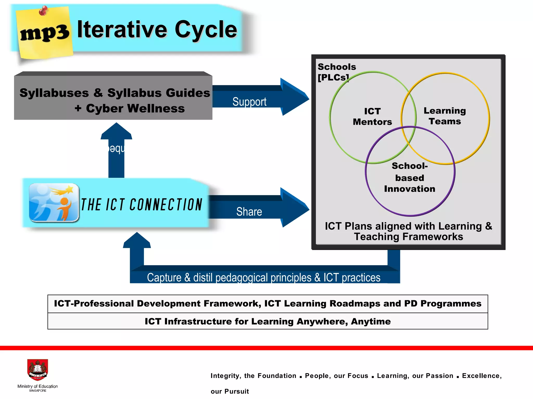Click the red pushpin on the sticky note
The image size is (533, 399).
(43, 11)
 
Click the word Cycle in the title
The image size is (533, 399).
(206, 30)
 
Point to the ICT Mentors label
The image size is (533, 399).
(372, 117)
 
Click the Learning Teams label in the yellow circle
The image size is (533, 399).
(445, 116)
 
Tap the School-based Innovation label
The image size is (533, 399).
(410, 177)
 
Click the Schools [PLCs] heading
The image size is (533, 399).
(337, 72)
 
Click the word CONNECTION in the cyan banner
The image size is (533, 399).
(166, 205)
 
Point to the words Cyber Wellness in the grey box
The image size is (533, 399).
(135, 109)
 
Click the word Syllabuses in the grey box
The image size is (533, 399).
(54, 93)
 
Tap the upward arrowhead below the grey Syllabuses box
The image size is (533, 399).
(116, 131)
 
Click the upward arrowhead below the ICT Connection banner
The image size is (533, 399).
(137, 241)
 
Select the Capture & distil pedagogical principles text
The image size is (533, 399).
(263, 277)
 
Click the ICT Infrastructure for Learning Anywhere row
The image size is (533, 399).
(268, 321)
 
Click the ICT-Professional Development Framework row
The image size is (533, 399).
(268, 304)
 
